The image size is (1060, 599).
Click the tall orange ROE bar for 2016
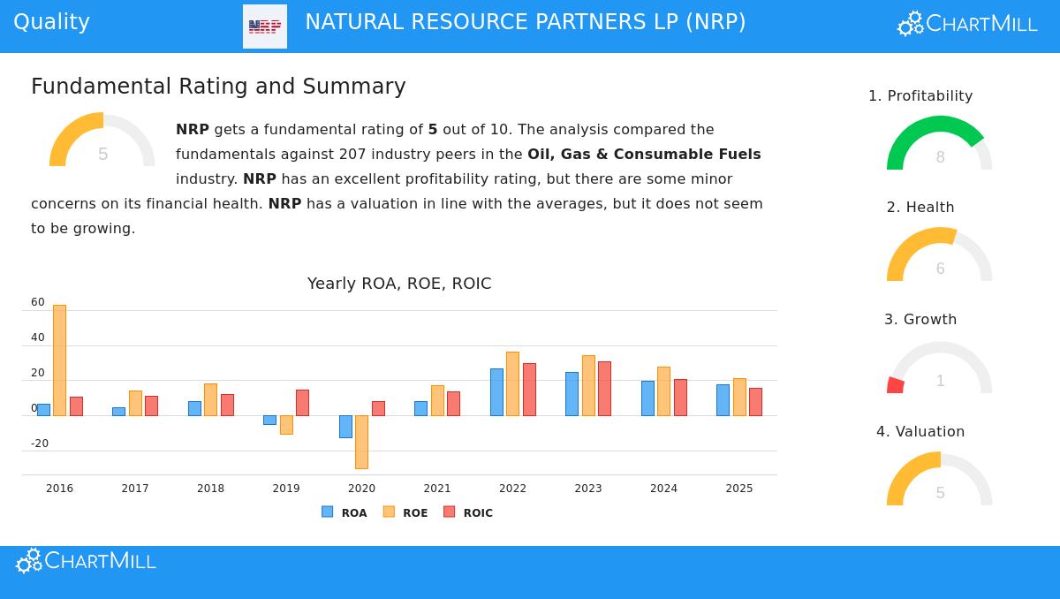59,360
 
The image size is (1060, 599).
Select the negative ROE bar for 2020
361,442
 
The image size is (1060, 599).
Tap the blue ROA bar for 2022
496,392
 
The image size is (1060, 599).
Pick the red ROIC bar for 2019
302,403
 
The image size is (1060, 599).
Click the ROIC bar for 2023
604,389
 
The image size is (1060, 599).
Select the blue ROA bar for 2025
723,400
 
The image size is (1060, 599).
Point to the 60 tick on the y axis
38,302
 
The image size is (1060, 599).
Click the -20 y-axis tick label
40,444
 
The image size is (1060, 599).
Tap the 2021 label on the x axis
437,489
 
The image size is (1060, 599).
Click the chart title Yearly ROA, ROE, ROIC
399,284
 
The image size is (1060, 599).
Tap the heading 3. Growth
920,320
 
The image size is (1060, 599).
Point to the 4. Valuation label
920,432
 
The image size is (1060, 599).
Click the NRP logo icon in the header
265,27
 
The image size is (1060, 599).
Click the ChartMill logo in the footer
86,561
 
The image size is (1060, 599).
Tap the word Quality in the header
51,22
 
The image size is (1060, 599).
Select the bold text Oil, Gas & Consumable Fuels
644,155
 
